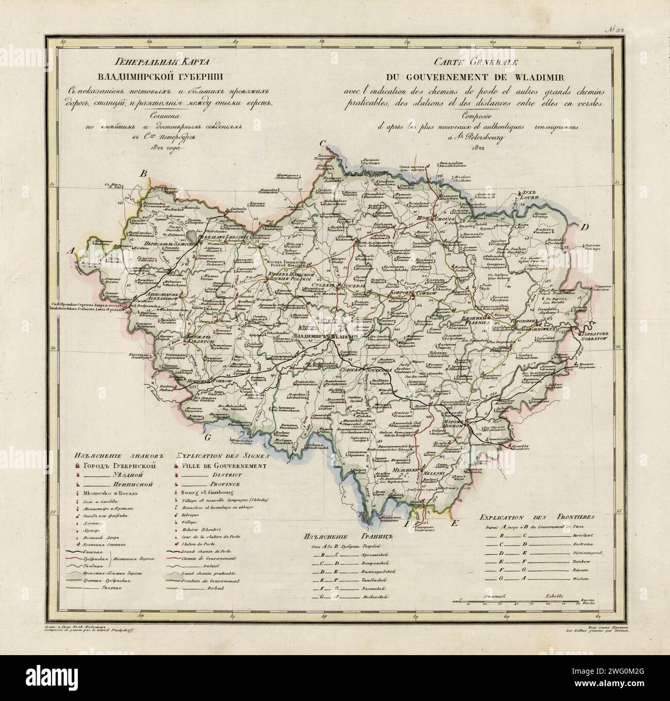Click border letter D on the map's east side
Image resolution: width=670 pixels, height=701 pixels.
click(x=585, y=227)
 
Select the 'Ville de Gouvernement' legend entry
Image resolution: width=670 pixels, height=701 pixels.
click(x=224, y=465)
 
